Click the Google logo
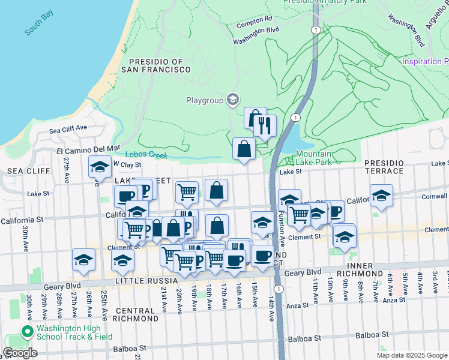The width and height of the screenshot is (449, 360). pos(20,353)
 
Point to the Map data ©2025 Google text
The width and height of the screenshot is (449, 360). pos(412,355)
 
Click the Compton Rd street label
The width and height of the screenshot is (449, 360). pos(254,19)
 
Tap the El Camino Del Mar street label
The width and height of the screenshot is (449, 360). pos(88,147)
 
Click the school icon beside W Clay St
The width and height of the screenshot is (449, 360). pos(100,166)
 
